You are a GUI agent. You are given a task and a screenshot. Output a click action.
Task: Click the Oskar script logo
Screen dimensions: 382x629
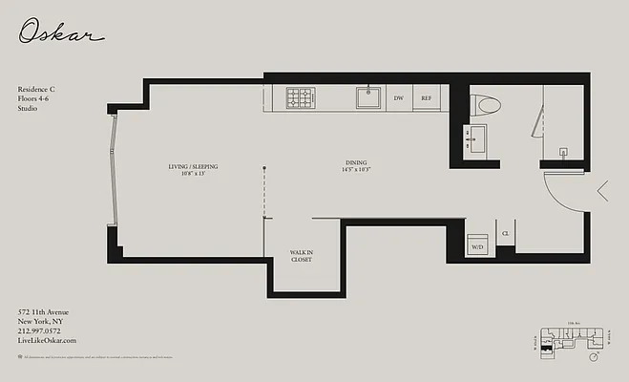tap(60, 34)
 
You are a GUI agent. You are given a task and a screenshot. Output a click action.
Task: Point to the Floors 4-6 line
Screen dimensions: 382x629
tap(35, 99)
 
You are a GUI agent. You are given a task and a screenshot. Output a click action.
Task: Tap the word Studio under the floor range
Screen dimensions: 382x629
tap(29, 109)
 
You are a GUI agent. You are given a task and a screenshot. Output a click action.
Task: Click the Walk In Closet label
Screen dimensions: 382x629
tap(302, 256)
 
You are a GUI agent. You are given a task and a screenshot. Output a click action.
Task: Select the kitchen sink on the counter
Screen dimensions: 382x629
tap(367, 96)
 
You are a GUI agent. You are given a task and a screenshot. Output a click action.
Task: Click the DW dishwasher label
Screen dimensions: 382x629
tap(398, 97)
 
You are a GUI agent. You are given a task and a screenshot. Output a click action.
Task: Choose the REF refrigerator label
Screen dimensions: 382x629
tap(426, 97)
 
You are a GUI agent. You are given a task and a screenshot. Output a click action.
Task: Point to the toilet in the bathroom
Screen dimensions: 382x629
tap(485, 105)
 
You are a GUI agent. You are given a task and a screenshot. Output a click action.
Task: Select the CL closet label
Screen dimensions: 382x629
tap(505, 233)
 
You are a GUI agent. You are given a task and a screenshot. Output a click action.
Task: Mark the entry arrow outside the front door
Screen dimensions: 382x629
tap(603, 191)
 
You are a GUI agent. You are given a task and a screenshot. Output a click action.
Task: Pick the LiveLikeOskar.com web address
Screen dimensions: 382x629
tap(47, 340)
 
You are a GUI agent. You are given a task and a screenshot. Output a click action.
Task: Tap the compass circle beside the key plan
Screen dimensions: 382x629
tap(595, 357)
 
